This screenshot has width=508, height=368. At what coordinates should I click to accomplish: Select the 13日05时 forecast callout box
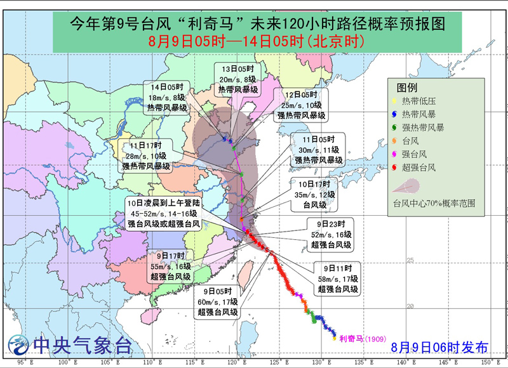tap(237, 79)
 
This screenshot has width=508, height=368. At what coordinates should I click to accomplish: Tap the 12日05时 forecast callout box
tap(302, 104)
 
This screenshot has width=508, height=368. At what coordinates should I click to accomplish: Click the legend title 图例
tap(407, 88)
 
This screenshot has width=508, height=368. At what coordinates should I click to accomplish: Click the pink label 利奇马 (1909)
tap(360, 339)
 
